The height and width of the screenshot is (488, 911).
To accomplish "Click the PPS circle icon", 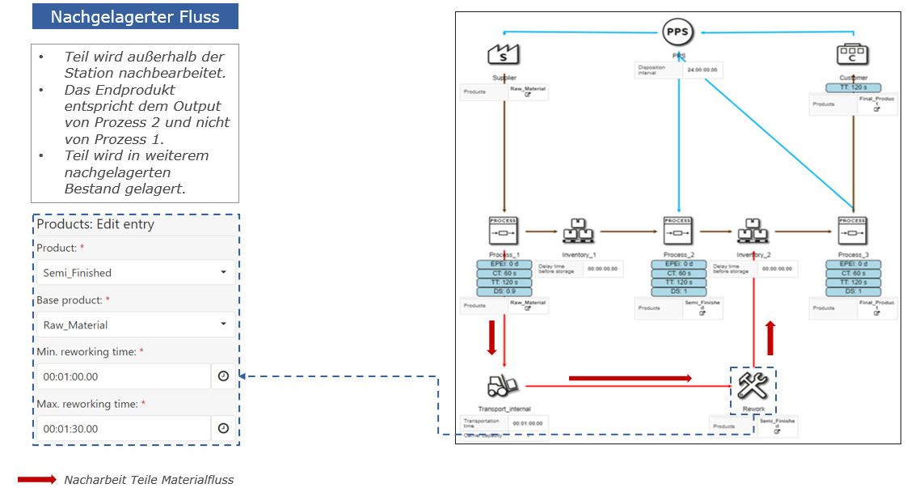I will tap(678, 33).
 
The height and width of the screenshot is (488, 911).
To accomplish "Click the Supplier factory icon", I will tap(504, 55).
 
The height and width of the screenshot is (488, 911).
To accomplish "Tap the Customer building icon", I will tap(853, 55).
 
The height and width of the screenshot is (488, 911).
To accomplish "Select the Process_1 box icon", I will tap(504, 231).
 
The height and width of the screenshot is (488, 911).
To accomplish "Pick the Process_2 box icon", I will tap(677, 231).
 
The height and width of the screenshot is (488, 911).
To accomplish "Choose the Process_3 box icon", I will tap(853, 231).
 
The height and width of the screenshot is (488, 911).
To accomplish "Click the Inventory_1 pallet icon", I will tap(578, 231).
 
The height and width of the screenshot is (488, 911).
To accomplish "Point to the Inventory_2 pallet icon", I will tap(753, 231).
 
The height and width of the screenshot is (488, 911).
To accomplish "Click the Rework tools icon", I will tap(753, 384).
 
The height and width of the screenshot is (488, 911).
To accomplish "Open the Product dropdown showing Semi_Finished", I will tap(136, 273).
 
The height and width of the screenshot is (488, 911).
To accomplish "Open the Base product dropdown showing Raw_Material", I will tap(136, 325).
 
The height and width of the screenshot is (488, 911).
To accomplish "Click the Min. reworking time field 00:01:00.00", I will tap(123, 376).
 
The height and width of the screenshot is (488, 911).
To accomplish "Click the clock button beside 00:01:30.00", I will tap(224, 428).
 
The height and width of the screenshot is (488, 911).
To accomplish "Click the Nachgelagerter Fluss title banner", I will tap(135, 17).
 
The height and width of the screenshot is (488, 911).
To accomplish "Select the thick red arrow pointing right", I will tap(631, 378).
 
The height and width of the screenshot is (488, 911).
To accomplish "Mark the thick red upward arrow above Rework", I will tap(770, 337).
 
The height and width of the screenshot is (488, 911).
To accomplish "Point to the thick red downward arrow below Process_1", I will tap(491, 337).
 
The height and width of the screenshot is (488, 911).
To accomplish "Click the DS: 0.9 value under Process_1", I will tap(504, 291).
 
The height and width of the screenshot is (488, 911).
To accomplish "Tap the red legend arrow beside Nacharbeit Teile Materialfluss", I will tap(37, 479).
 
